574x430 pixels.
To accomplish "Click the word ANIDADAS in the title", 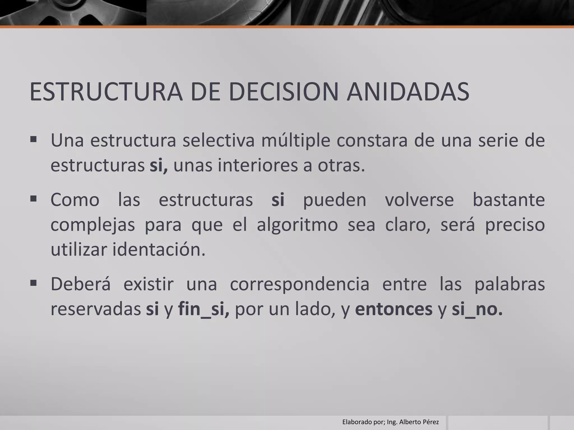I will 408,92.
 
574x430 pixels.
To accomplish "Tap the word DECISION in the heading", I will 284,92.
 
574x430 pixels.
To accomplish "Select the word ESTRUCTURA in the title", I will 106,92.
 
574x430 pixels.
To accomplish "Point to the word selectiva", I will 219,141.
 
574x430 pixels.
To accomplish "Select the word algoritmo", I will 297,225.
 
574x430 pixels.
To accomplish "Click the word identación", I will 159,250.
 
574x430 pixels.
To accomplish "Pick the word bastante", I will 509,200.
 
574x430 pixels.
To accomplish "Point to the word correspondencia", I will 300,284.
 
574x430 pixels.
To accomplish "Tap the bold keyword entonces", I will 394,309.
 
